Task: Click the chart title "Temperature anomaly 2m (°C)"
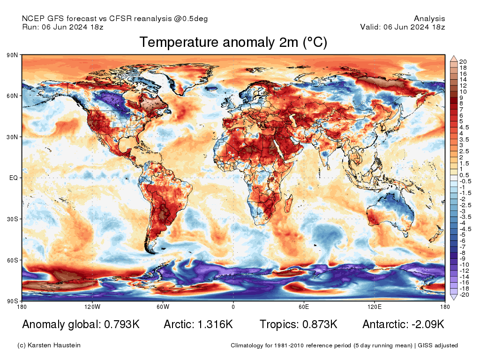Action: (x=233, y=43)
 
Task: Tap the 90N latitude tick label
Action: (x=12, y=55)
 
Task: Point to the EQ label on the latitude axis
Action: (x=14, y=178)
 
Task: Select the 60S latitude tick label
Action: (x=12, y=260)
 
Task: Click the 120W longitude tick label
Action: (x=92, y=307)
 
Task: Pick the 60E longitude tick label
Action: (x=304, y=307)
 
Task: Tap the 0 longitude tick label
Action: (x=233, y=307)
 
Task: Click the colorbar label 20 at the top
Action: (x=463, y=62)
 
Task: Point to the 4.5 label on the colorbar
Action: (x=464, y=127)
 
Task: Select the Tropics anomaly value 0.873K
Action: (x=318, y=324)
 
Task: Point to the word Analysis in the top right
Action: (x=429, y=19)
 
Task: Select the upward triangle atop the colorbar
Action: (x=453, y=59)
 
